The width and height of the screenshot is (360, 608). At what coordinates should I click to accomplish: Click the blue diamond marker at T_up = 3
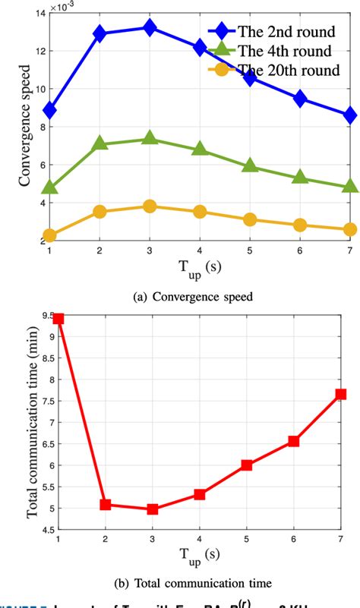click(150, 28)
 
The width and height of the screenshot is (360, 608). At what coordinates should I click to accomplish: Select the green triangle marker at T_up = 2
click(99, 143)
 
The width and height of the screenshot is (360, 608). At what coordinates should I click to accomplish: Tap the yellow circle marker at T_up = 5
click(250, 219)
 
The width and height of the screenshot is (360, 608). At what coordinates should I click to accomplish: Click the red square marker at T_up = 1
click(58, 318)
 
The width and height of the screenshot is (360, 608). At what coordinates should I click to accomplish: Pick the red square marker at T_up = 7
click(341, 394)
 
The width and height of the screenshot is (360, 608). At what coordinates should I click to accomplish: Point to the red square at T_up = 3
click(153, 509)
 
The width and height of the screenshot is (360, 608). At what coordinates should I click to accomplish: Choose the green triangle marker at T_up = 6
click(300, 178)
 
